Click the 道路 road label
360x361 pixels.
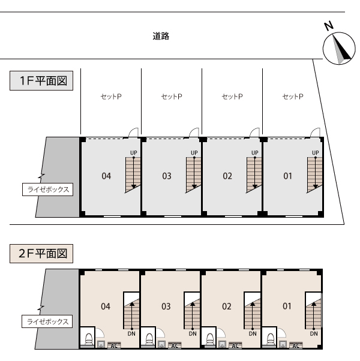point(161,36)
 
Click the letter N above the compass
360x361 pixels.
point(329,26)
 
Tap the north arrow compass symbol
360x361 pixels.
point(339,49)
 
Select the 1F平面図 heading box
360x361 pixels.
point(41,80)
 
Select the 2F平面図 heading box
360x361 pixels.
point(41,254)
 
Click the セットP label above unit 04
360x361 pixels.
point(111,97)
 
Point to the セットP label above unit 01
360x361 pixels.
point(293,97)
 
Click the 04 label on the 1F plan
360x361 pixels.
point(106,176)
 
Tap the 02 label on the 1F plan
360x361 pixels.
point(227,176)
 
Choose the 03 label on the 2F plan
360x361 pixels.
point(166,306)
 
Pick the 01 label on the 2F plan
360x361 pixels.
point(287,306)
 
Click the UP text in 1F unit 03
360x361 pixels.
point(194,153)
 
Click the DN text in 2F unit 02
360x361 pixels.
point(253,333)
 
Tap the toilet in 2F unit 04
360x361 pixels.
point(89,339)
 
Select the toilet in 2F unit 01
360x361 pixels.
point(271,339)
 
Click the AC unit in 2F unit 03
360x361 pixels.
point(175,345)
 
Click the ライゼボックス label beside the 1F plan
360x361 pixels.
point(47,189)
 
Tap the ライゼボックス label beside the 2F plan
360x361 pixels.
point(47,321)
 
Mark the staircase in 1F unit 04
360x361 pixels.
point(133,175)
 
